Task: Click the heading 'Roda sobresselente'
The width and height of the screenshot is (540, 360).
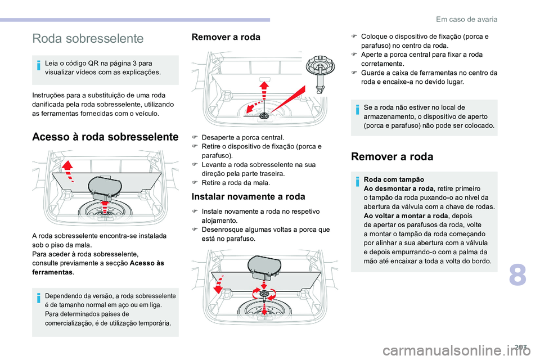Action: coord(88,39)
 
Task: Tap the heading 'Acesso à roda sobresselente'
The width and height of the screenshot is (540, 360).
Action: coord(105,136)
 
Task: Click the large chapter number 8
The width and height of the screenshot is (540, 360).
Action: coord(517,277)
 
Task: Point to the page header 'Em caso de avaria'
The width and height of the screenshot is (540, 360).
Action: coord(466,19)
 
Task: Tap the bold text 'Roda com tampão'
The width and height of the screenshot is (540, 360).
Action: coord(390,179)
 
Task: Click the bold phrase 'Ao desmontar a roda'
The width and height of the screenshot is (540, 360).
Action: coord(399,188)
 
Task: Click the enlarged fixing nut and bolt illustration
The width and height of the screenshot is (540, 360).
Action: coord(319,73)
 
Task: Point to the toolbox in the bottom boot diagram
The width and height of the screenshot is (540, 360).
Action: coord(264,265)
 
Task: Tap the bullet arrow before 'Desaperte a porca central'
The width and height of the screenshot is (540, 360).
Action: coord(195,137)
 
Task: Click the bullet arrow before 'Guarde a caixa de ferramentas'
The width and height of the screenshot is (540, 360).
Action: coord(354,73)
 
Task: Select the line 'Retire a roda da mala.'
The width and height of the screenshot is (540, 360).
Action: coord(235,183)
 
